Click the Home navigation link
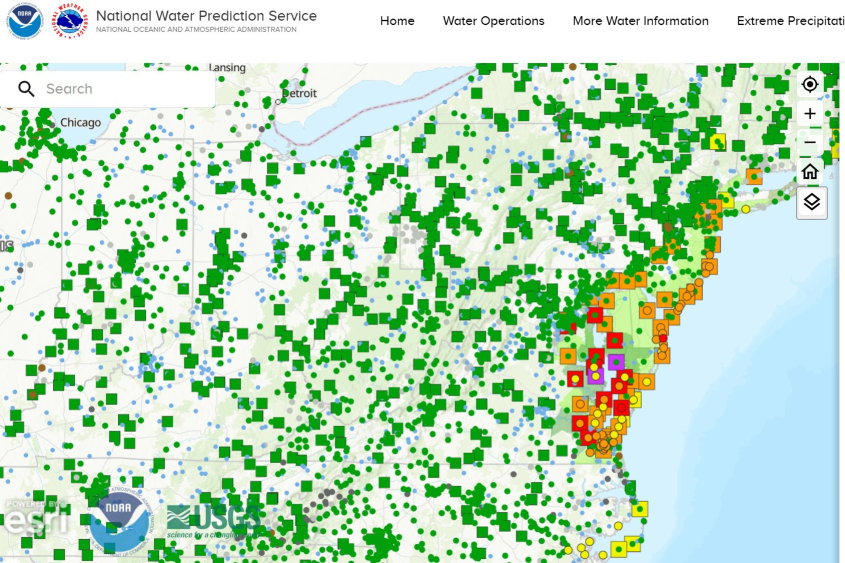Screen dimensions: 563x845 click(x=397, y=21)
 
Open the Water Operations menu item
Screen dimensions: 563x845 click(x=493, y=21)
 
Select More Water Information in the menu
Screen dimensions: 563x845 click(x=641, y=21)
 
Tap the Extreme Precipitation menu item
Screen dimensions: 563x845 click(x=790, y=21)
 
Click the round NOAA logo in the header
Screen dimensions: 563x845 click(x=24, y=21)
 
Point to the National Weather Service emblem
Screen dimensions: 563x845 click(x=69, y=21)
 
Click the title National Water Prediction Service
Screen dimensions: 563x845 click(x=206, y=16)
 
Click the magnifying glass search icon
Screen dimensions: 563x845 click(x=26, y=89)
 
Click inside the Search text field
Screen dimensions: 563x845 click(x=127, y=89)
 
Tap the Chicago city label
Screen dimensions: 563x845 click(x=80, y=123)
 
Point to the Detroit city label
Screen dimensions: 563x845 click(x=299, y=93)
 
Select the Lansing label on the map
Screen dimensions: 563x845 click(x=227, y=68)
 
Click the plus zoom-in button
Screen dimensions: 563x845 click(x=810, y=114)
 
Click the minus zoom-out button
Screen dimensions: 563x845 click(x=810, y=143)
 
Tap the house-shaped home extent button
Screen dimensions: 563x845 click(x=810, y=172)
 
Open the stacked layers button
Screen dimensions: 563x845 click(x=811, y=202)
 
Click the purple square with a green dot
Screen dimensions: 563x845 click(x=616, y=362)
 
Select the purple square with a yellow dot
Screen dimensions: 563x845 click(x=596, y=376)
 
